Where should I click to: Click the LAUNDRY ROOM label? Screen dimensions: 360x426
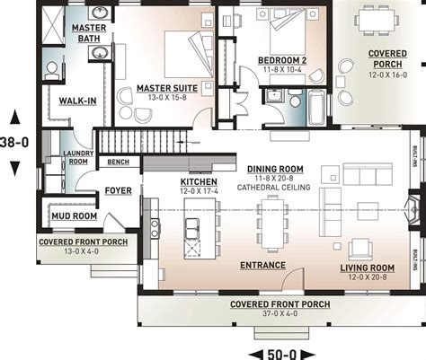point(75,158)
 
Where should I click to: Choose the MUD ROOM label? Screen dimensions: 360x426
point(73,216)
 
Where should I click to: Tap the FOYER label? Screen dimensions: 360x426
point(119,191)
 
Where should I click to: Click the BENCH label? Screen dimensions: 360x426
point(117,163)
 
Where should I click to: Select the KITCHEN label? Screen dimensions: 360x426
point(194,181)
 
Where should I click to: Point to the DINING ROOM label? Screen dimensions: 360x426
point(274,169)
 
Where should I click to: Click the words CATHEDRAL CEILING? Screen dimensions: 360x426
point(275,187)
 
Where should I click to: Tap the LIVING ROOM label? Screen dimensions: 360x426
point(367,268)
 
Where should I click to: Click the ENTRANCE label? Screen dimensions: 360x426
point(262,266)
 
